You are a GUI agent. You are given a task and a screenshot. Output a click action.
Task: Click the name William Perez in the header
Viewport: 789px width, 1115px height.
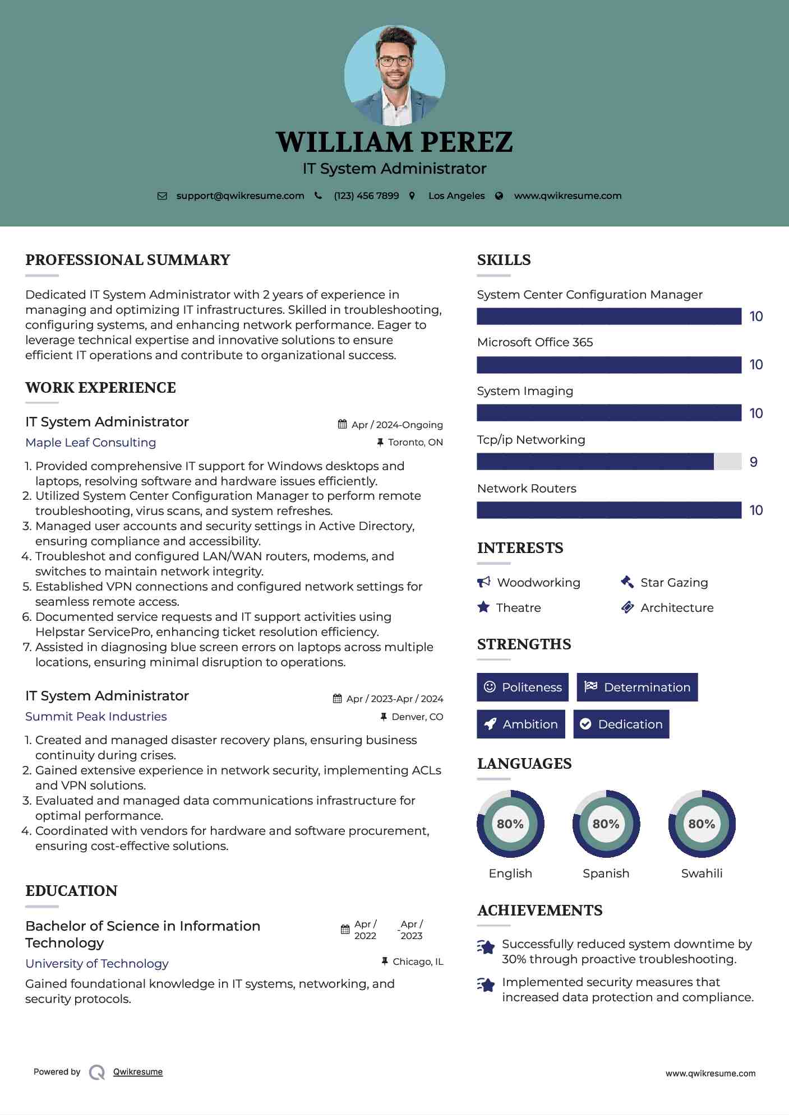[x=394, y=142]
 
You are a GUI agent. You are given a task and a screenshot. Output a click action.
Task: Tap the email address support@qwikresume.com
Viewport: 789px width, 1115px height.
[x=240, y=196]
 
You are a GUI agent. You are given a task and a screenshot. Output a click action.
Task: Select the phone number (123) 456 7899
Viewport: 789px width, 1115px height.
[x=366, y=196]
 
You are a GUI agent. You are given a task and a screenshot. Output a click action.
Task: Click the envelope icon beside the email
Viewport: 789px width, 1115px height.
[x=162, y=196]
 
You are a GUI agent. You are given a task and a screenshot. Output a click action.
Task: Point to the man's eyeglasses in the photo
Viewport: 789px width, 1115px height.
[x=395, y=61]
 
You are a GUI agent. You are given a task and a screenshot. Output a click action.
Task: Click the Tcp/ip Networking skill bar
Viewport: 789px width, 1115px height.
[x=608, y=462]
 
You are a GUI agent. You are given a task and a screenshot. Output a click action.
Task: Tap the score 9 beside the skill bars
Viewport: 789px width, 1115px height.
[x=754, y=462]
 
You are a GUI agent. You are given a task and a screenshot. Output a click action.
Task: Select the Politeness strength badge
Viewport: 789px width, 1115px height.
[x=523, y=687]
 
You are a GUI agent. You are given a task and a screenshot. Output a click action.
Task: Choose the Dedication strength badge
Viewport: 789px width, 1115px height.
[x=621, y=724]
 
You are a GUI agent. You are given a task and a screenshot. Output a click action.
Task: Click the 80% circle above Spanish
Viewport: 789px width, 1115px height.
[x=606, y=824]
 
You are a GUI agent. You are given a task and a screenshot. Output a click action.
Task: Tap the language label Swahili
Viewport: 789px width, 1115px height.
[x=702, y=874]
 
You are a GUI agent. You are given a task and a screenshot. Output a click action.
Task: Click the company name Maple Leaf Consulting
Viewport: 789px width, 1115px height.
[x=91, y=443]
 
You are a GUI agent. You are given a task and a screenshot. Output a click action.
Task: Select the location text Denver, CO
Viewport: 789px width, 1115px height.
[x=417, y=717]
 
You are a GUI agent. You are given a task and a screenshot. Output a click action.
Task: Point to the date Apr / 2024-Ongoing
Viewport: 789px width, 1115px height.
[x=397, y=425]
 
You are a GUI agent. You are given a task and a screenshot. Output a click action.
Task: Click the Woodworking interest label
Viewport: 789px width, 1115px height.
[x=538, y=583]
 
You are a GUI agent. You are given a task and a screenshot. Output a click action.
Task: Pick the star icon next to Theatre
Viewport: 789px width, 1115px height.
[x=483, y=607]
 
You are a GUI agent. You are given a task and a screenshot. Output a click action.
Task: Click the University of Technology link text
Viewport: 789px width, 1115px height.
[x=97, y=964]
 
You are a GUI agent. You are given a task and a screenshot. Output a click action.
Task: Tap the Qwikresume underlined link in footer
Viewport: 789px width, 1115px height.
[x=138, y=1072]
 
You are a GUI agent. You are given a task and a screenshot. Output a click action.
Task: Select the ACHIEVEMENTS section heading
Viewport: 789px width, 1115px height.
[x=540, y=910]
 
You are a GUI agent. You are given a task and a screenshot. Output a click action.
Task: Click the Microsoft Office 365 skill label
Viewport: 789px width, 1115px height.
[x=535, y=342]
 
